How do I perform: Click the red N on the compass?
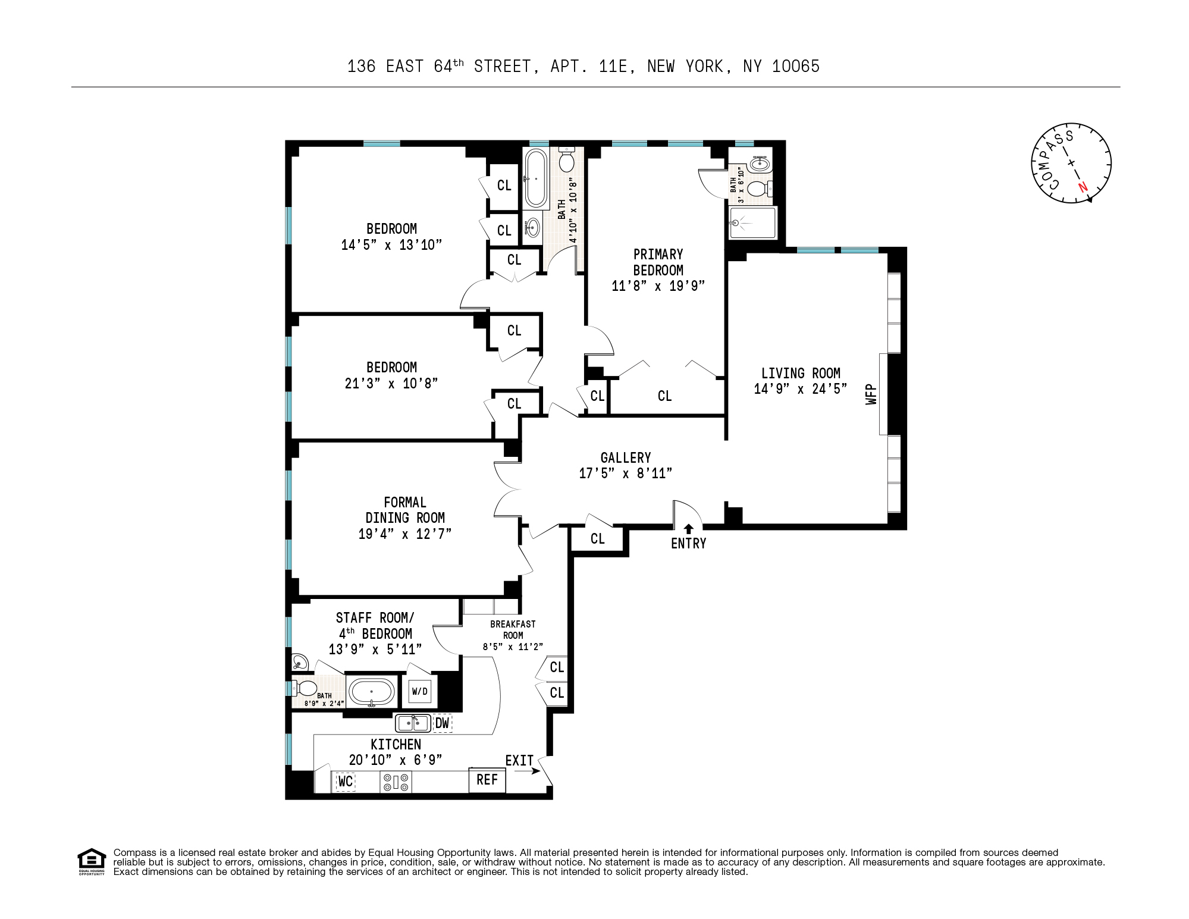(x=1083, y=187)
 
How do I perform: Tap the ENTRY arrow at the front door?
(x=688, y=528)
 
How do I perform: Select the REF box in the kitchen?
(x=487, y=780)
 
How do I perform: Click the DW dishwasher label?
(x=442, y=723)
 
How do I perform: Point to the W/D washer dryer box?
(x=419, y=691)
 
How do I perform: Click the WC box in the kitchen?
(x=346, y=782)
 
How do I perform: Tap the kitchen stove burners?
(x=396, y=782)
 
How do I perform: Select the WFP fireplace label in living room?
(x=872, y=394)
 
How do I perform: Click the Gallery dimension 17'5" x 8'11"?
(x=626, y=473)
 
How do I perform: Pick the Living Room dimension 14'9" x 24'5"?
(x=801, y=389)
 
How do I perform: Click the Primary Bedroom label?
(x=658, y=262)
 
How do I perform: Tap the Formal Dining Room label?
(x=405, y=510)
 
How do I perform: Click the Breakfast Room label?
(x=513, y=629)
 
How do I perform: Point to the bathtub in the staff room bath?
(x=371, y=692)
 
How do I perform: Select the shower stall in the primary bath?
(x=753, y=222)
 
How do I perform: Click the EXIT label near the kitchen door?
(x=519, y=761)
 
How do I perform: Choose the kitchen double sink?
(x=413, y=723)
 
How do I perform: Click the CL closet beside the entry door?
(x=597, y=538)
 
